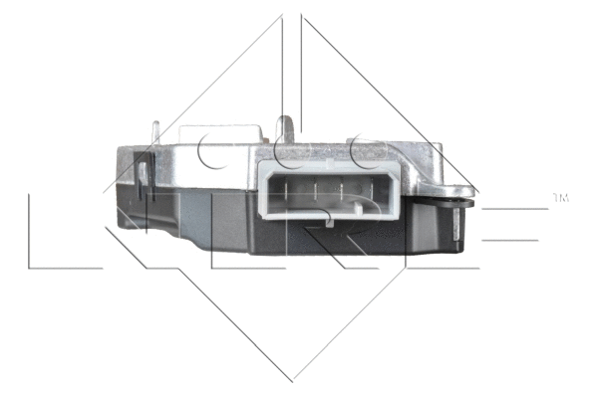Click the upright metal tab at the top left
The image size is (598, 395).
point(154,133)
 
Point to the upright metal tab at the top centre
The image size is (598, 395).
point(287,129)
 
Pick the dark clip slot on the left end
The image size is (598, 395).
point(143,180)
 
